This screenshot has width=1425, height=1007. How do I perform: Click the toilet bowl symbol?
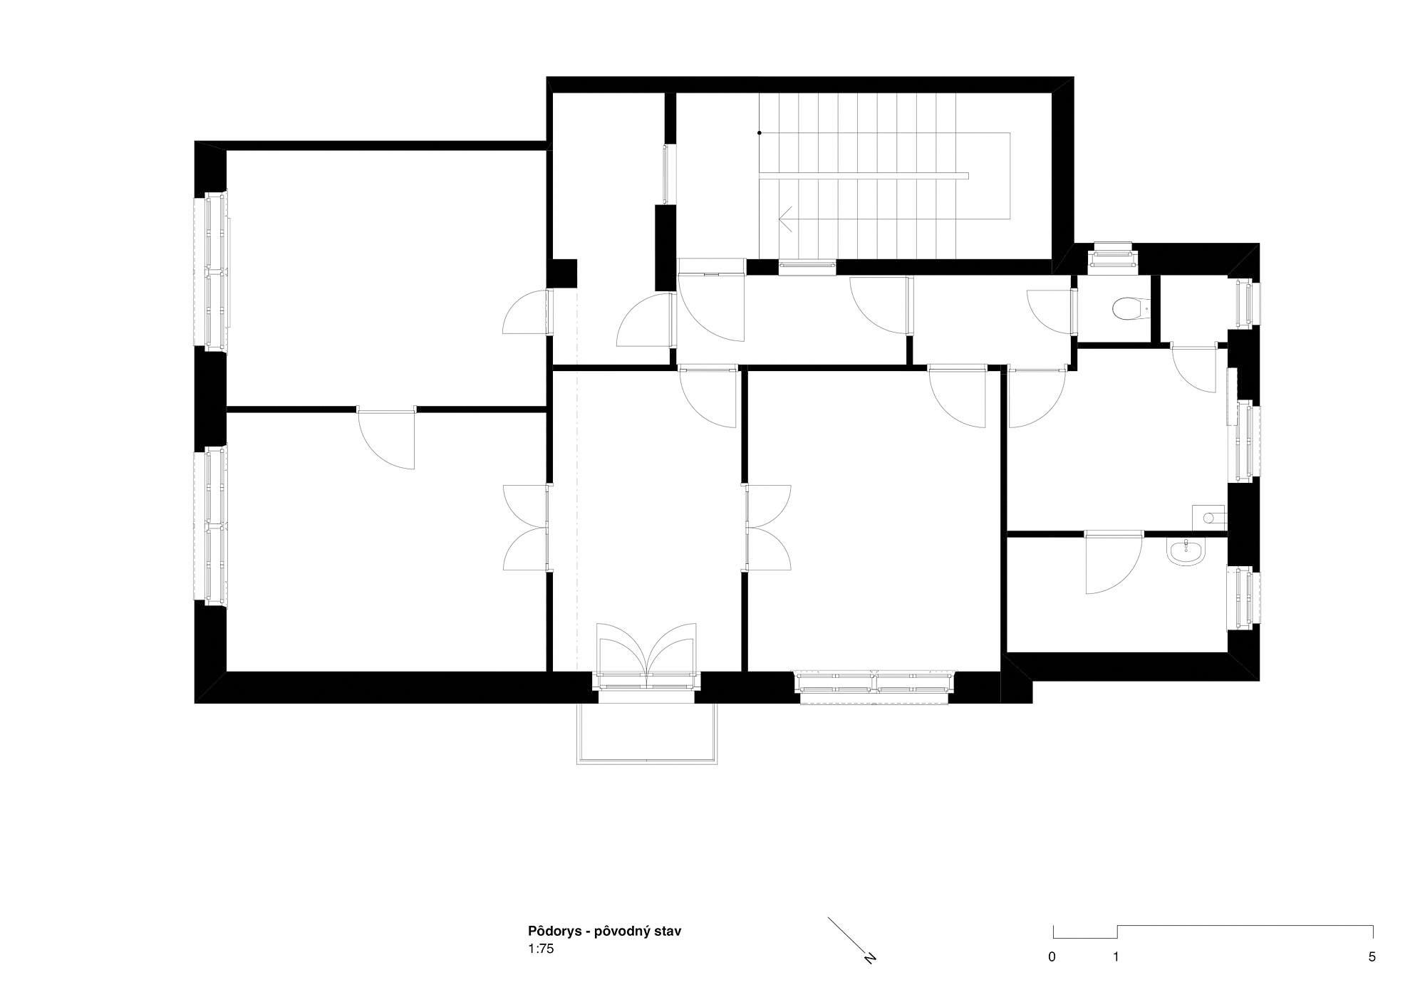(x=1129, y=308)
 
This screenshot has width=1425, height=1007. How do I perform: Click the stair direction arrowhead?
(x=786, y=219)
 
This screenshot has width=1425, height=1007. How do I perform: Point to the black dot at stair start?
(x=760, y=132)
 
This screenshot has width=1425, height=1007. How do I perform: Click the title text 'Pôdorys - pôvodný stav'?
(x=604, y=931)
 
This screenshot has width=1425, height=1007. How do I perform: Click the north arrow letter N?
(x=870, y=957)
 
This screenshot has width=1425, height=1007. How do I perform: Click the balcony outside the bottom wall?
(x=647, y=734)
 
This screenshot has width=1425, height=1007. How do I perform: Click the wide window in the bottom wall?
(x=875, y=687)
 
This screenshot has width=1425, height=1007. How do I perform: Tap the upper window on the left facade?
(x=212, y=271)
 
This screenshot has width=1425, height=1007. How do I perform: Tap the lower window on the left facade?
(x=212, y=526)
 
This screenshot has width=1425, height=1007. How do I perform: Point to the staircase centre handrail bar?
(x=864, y=176)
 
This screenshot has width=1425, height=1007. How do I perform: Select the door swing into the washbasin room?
(x=1112, y=563)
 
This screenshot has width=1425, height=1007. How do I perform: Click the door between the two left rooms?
(x=385, y=438)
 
